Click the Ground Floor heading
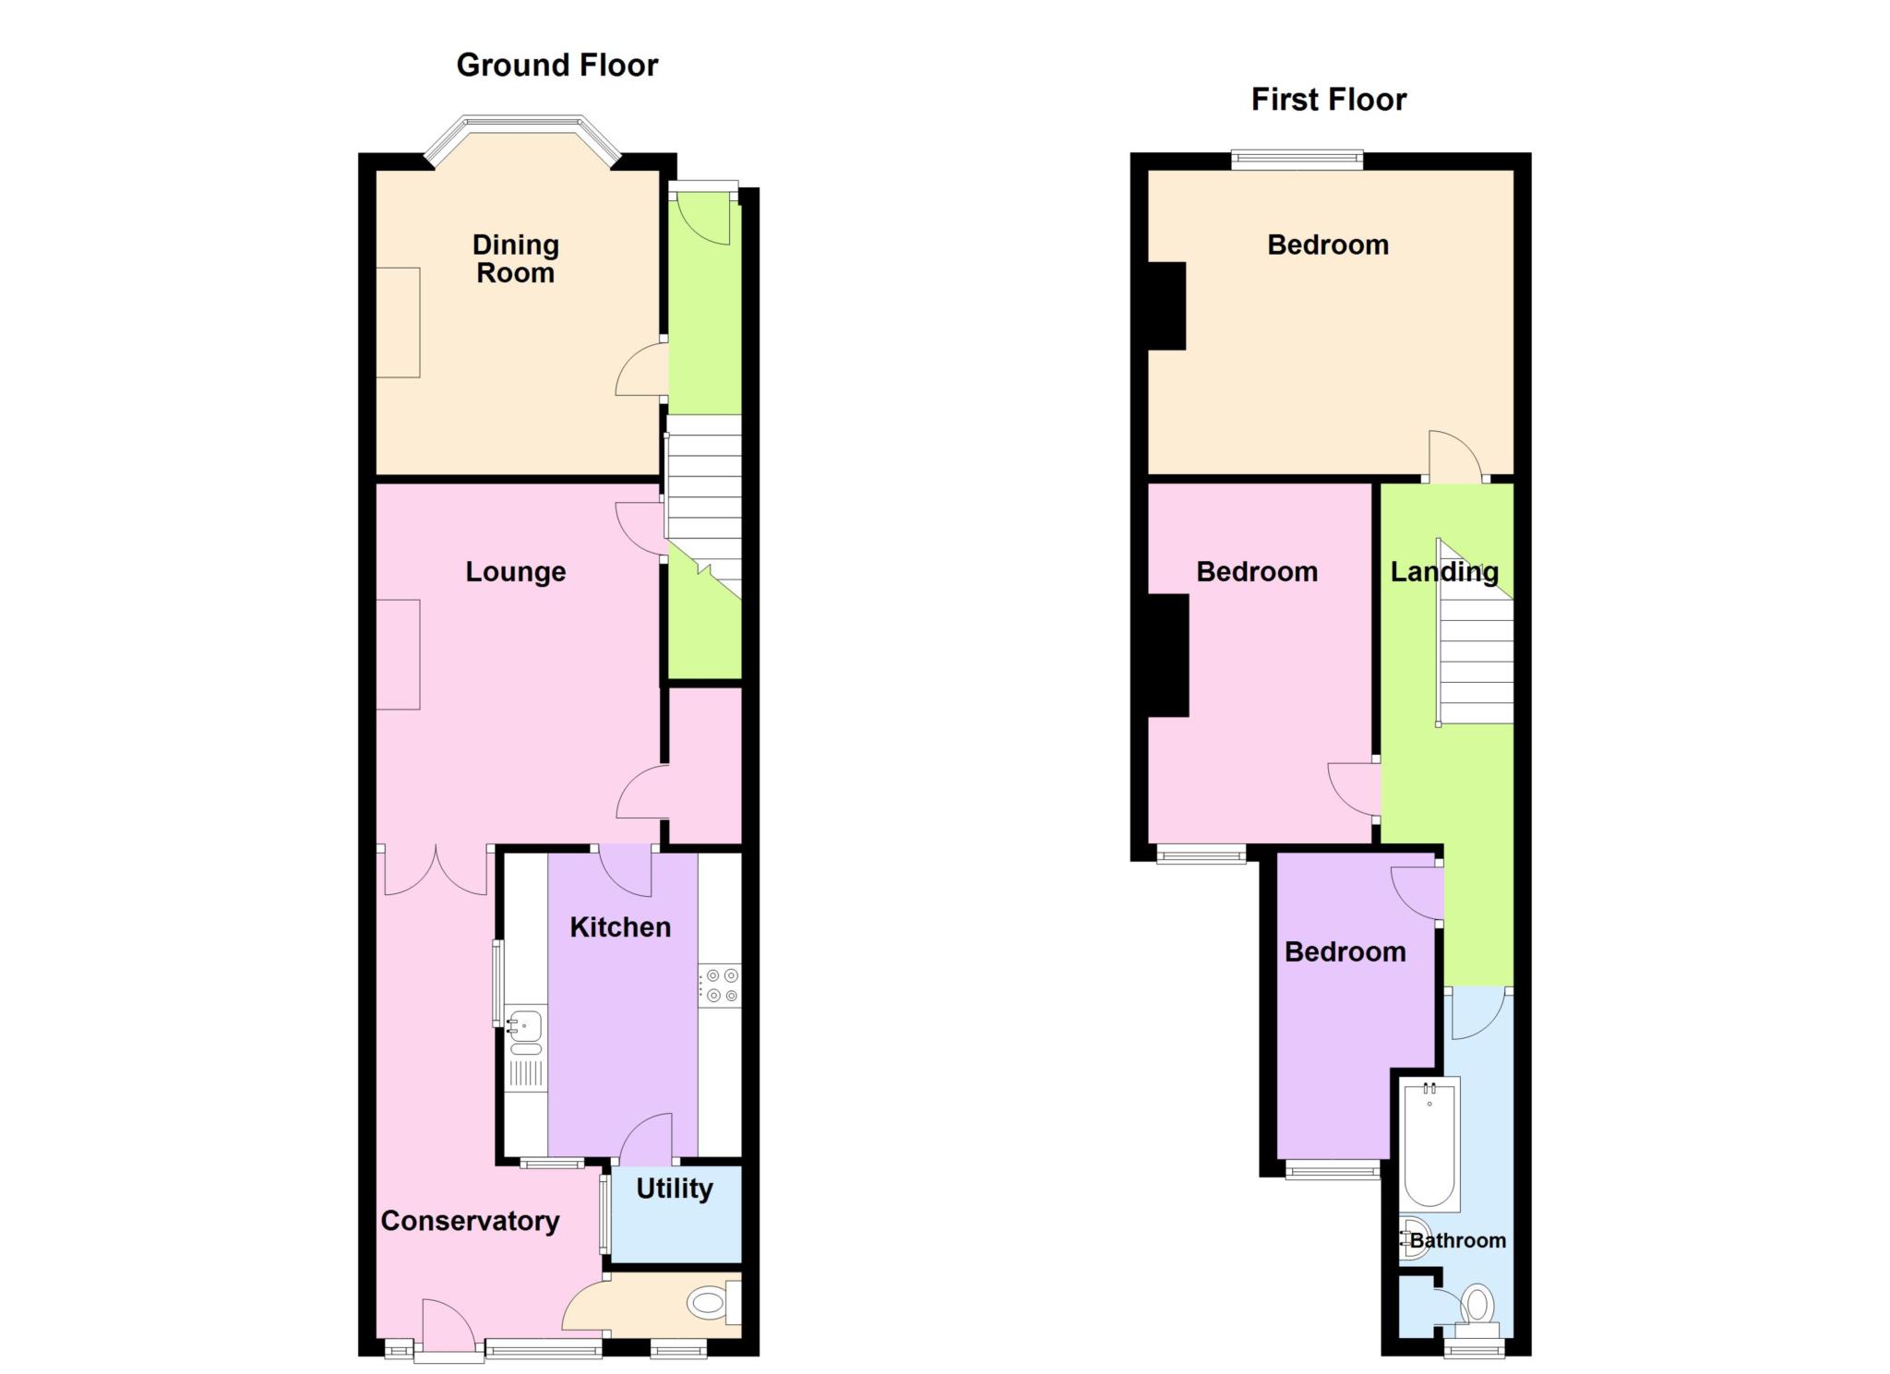tap(556, 66)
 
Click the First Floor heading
tap(1328, 100)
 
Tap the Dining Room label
tap(515, 259)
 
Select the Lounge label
tap(515, 572)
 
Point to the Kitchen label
tap(620, 927)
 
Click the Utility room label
tap(675, 1189)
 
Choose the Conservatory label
tap(470, 1221)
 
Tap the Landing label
tap(1444, 573)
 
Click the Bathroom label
tap(1458, 1241)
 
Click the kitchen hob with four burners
tap(720, 985)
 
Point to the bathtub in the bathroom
tap(1429, 1145)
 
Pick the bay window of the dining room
tap(523, 140)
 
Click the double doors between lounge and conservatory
tap(436, 870)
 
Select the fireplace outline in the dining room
tap(398, 322)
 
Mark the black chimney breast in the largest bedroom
tap(1166, 306)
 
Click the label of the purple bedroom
tap(1346, 952)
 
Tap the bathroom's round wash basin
tap(1411, 1238)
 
